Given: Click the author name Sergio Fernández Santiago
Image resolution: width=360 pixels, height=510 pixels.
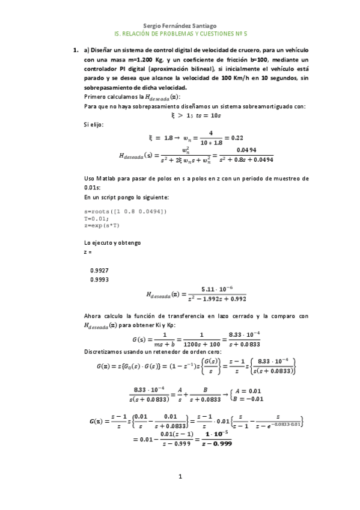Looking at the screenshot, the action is pyautogui.click(x=180, y=26).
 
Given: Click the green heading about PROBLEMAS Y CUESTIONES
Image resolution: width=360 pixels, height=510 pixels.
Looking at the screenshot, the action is pyautogui.click(x=180, y=35).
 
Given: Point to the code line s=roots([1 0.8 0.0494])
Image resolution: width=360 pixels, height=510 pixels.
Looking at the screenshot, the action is pyautogui.click(x=126, y=210).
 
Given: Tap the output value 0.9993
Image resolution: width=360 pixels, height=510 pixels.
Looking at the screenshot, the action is pyautogui.click(x=99, y=280).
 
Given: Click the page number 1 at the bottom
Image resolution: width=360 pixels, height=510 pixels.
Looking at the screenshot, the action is pyautogui.click(x=179, y=477).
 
